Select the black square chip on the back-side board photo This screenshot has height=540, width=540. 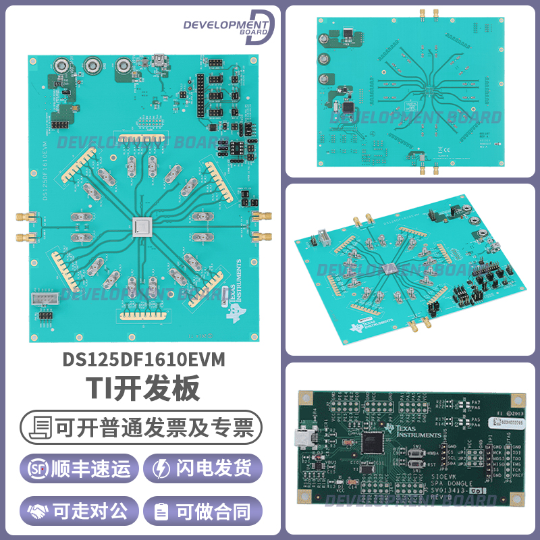(348, 107)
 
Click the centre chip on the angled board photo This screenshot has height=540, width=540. (390, 268)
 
